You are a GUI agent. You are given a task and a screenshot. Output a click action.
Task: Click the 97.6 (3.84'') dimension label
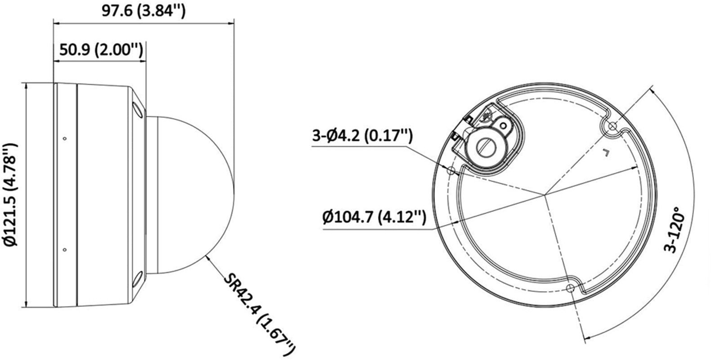point(143,10)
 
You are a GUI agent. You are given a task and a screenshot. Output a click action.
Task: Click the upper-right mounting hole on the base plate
point(612,126)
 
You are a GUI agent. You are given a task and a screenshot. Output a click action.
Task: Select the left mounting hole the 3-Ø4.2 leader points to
point(451,170)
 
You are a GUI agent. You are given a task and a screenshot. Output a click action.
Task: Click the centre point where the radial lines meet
point(545,195)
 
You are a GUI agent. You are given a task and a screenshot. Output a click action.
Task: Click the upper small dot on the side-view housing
point(65,138)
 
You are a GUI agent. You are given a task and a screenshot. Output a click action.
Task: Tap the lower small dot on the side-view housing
point(65,249)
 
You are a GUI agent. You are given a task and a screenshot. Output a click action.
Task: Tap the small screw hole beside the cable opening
point(504,125)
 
